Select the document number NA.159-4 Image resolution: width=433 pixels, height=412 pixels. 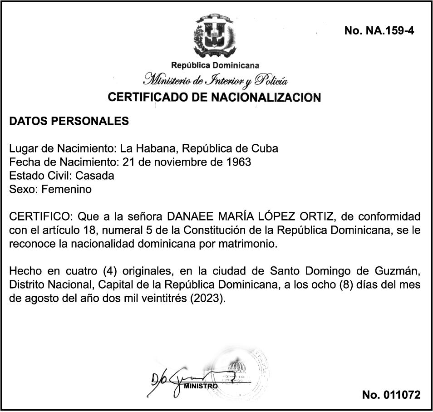coord(379,30)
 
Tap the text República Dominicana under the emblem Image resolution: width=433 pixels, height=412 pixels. coord(216,65)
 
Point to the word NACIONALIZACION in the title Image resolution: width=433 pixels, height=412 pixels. coord(266,97)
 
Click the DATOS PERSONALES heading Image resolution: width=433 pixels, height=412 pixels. coord(69,122)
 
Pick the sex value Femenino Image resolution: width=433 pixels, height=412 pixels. coord(66,189)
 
